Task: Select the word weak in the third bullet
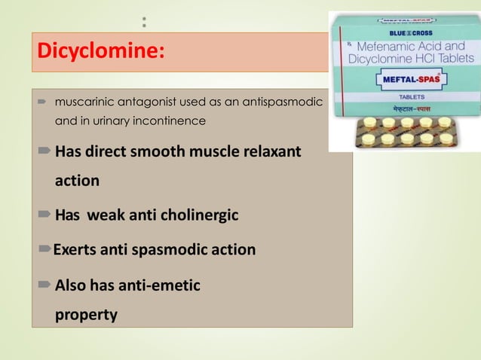click(x=106, y=216)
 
